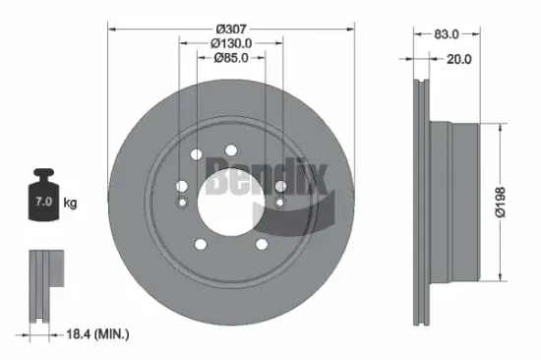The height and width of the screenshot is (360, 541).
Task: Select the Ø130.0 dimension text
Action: [x=231, y=42]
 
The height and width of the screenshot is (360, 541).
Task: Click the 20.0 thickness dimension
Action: [x=459, y=58]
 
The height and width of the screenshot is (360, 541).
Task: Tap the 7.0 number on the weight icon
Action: [x=44, y=202]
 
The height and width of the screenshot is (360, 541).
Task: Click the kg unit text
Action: [x=71, y=204]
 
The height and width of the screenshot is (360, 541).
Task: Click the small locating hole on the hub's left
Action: [x=180, y=201]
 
